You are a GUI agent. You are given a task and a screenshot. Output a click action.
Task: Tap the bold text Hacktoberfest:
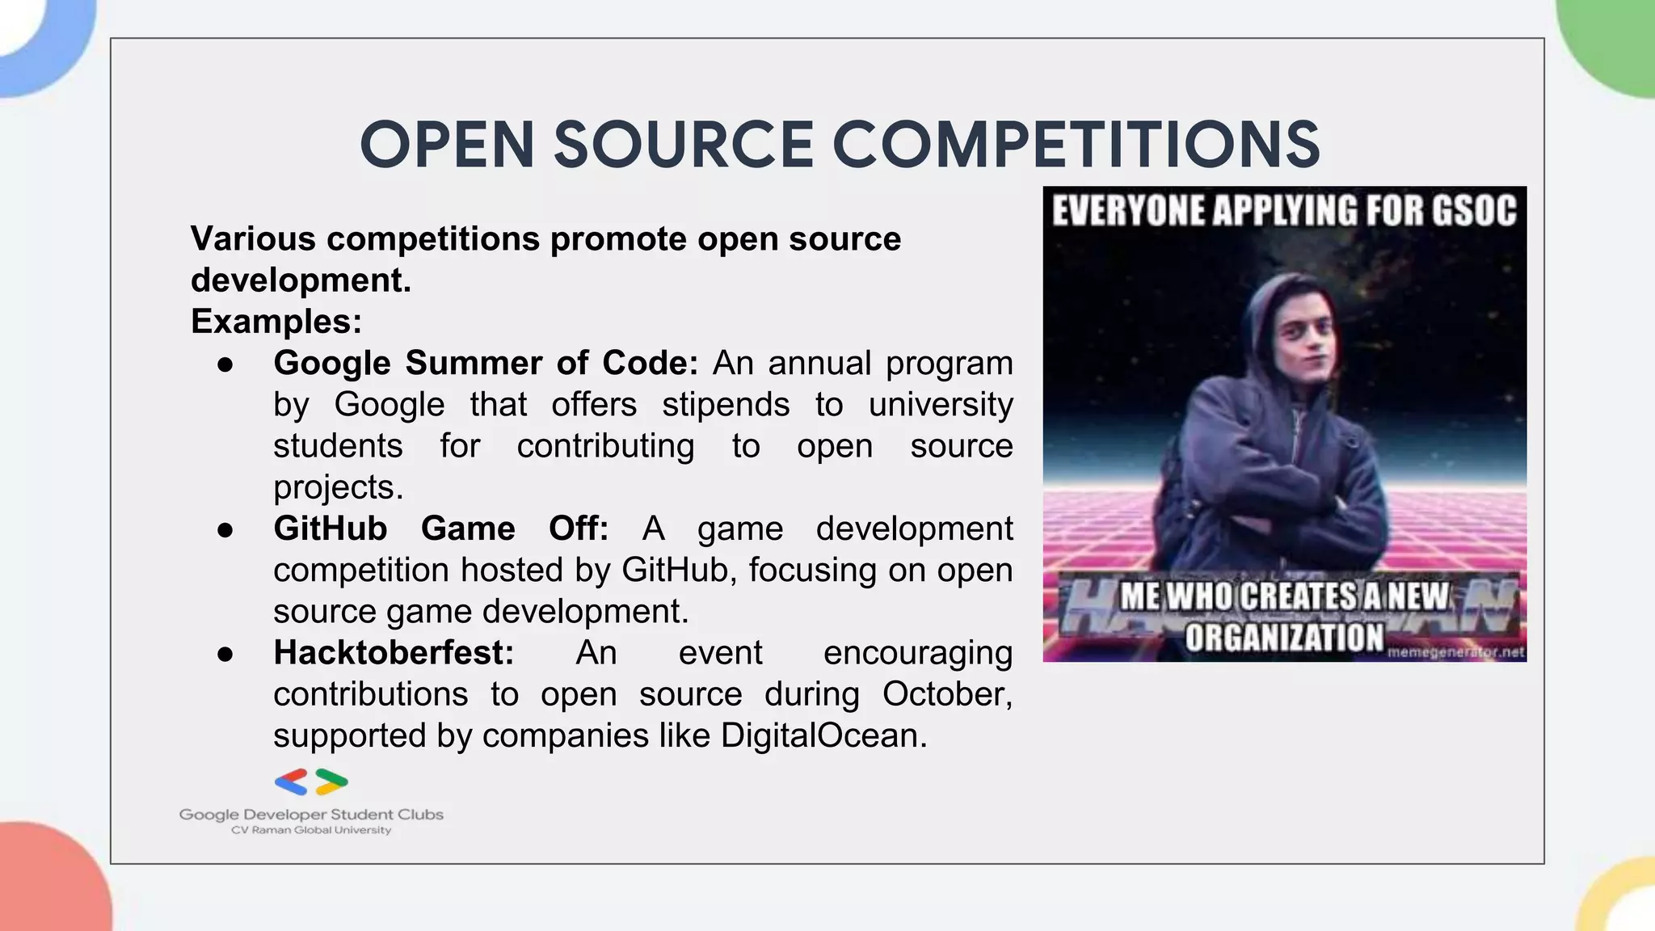(x=394, y=653)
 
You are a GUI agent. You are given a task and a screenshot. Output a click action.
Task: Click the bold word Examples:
(x=276, y=322)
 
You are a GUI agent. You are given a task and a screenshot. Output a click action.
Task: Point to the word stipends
(x=725, y=404)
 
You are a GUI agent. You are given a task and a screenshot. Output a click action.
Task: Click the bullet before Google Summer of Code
(x=225, y=364)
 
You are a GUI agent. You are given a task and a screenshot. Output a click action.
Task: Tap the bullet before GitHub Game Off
(x=225, y=530)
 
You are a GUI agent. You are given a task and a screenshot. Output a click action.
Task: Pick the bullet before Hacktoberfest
(x=225, y=654)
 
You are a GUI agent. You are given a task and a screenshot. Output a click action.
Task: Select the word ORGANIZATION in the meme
(x=1284, y=637)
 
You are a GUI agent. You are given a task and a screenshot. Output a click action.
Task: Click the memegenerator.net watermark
(x=1455, y=651)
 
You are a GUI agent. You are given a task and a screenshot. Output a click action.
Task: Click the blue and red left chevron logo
(x=291, y=781)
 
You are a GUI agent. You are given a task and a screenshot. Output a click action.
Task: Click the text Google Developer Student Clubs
(x=311, y=815)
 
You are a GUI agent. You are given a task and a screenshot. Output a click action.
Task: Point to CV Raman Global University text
(x=311, y=831)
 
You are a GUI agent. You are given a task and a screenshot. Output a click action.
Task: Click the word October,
(x=947, y=694)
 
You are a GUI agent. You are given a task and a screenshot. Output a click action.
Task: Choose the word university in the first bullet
(x=941, y=404)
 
